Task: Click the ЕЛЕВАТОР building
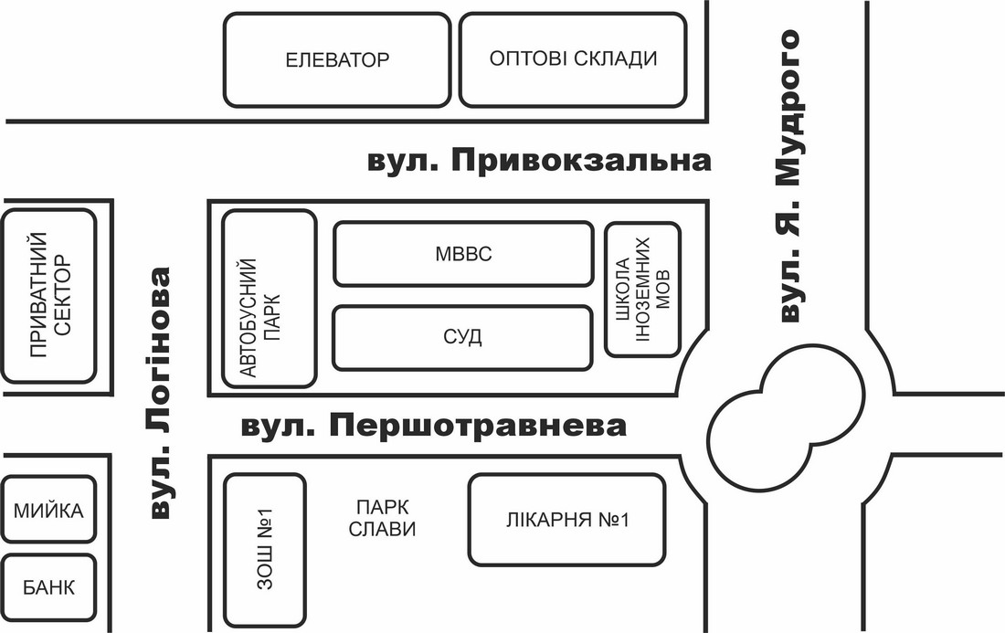[x=337, y=59]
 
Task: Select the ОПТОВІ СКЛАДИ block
[x=573, y=59]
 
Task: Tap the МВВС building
[x=463, y=254]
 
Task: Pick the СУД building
[x=462, y=338]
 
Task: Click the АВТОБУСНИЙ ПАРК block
[x=270, y=300]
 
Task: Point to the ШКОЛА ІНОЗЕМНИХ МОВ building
[x=642, y=290]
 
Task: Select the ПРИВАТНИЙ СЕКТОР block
[x=48, y=296]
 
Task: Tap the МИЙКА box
[x=48, y=510]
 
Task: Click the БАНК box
[x=48, y=586]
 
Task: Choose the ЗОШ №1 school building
[x=264, y=549]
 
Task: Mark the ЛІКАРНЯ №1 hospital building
[x=566, y=520]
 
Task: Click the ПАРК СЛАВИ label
[x=382, y=518]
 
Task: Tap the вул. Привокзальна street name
[x=539, y=161]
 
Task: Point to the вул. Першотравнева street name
[x=434, y=426]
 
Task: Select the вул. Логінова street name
[x=160, y=392]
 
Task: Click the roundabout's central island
[x=787, y=421]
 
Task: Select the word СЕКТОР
[x=62, y=295]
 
